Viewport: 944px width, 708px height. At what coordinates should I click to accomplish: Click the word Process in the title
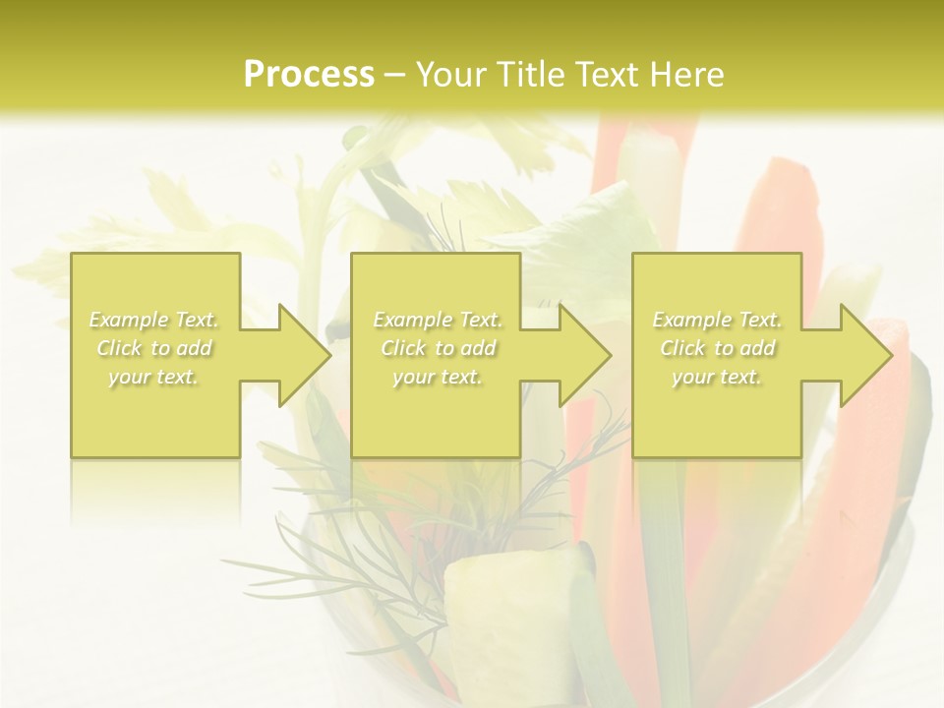[x=309, y=75]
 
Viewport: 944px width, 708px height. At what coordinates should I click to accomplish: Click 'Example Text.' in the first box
[x=153, y=320]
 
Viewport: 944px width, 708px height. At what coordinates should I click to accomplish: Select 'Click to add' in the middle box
[x=438, y=348]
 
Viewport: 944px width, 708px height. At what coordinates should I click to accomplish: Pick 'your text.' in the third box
[x=717, y=377]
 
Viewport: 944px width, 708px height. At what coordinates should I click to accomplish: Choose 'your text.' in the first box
[x=153, y=377]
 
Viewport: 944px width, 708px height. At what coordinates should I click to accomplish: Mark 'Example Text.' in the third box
[x=717, y=320]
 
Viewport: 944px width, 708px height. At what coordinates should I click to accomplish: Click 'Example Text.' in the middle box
[x=438, y=320]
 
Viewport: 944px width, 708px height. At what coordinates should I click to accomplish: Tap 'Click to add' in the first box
[x=153, y=348]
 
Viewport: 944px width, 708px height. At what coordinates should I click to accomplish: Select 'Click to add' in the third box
[x=717, y=348]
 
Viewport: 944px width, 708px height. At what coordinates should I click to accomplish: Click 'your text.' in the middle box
[x=438, y=377]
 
